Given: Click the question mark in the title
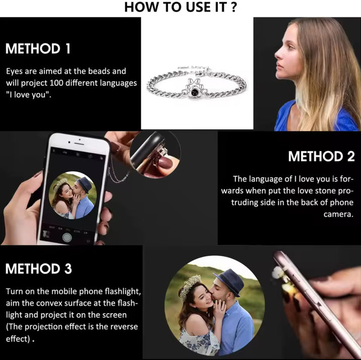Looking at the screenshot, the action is click(233, 7).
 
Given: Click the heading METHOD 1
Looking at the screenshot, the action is click(38, 48).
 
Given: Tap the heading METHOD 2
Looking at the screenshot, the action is click(321, 157).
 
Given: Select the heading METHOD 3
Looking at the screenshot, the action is click(38, 269).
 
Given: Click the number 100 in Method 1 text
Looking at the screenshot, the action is click(57, 83).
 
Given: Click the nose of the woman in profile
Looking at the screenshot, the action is click(277, 55).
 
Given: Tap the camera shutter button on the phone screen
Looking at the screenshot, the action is click(67, 237).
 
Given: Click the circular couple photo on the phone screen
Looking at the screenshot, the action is click(73, 195).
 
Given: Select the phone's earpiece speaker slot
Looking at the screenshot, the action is click(79, 143).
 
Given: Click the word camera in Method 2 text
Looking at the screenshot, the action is click(338, 215).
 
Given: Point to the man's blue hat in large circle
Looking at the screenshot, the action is click(229, 281).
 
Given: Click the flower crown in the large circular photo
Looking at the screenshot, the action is click(189, 287).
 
